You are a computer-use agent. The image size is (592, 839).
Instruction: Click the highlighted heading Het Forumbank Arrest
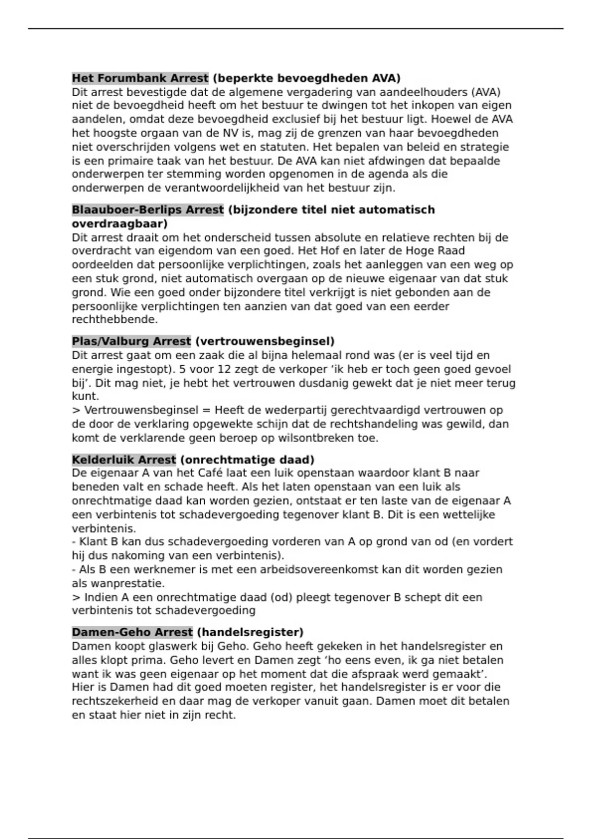click(x=140, y=78)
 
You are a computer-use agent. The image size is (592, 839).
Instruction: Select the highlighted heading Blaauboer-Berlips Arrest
click(x=148, y=210)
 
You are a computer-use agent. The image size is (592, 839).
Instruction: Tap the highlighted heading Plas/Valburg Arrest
click(x=131, y=341)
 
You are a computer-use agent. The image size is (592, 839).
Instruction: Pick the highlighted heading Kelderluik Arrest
click(x=124, y=460)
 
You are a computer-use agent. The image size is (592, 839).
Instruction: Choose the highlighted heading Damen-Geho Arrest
click(x=132, y=632)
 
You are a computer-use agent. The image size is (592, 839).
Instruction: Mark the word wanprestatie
click(x=126, y=583)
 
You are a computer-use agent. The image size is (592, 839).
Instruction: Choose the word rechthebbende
click(x=114, y=320)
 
